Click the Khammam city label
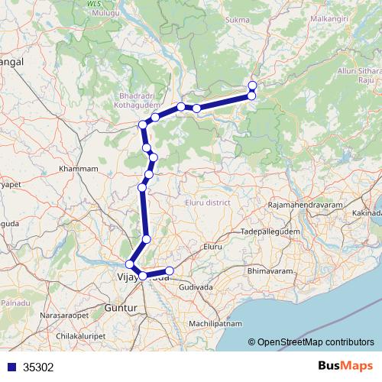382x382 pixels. pos(80,168)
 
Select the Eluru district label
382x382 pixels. pos(208,202)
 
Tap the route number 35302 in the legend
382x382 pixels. pos(38,367)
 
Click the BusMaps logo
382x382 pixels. pos(343,366)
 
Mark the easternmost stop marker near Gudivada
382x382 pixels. pos(170,271)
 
